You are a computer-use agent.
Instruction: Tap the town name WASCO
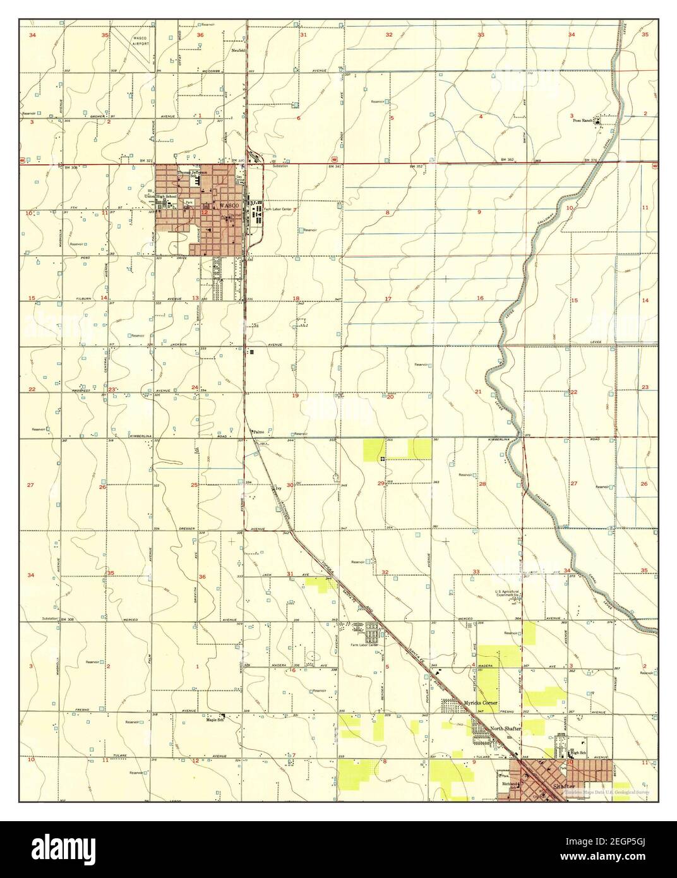(225, 206)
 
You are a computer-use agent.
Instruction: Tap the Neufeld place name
(238, 51)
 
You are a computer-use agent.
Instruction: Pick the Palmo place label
(258, 432)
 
